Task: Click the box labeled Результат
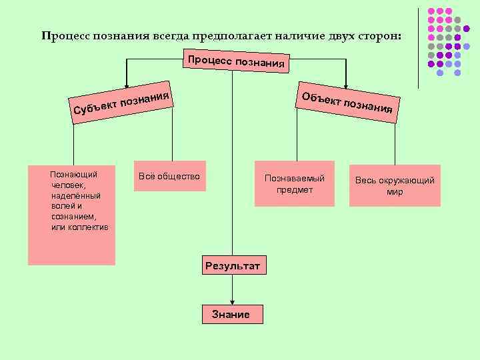[232, 265]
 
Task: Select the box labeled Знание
[231, 314]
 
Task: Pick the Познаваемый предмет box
[295, 185]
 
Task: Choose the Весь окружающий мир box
[395, 185]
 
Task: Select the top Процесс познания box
[237, 61]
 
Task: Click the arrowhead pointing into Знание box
[231, 302]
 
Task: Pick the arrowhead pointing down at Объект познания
[345, 81]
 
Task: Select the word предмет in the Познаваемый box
[295, 191]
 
